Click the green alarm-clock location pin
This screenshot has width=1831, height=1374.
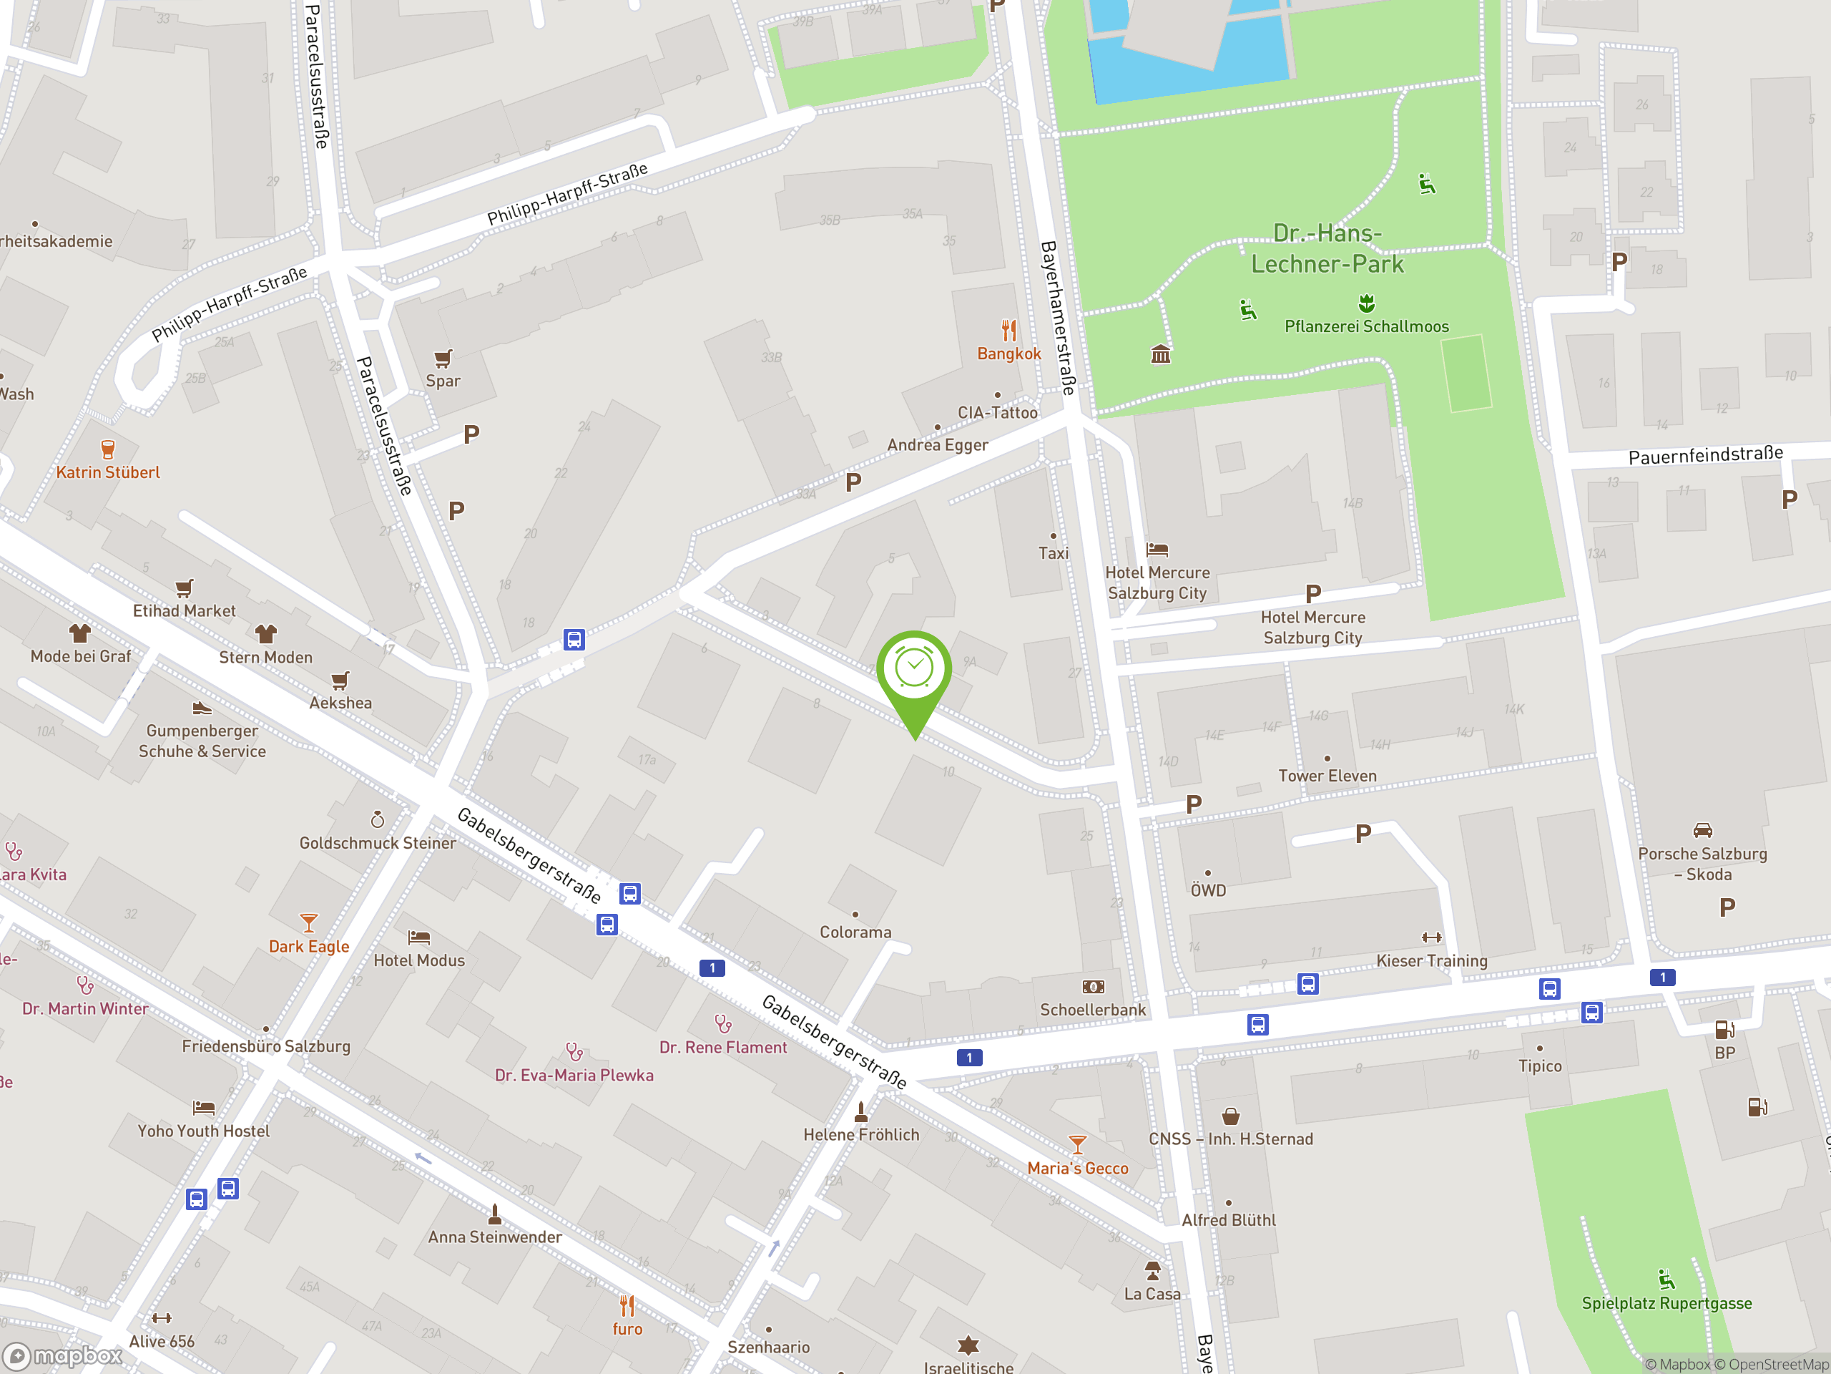pyautogui.click(x=914, y=670)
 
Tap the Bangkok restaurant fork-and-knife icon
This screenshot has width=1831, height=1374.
pyautogui.click(x=1008, y=331)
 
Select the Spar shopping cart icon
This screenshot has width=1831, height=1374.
pyautogui.click(x=443, y=359)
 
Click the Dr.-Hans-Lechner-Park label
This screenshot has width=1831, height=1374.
pyautogui.click(x=1327, y=248)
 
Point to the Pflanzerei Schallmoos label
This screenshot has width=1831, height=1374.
pyautogui.click(x=1366, y=326)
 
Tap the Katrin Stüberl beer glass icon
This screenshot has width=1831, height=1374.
pyautogui.click(x=107, y=449)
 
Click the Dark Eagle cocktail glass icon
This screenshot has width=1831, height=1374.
pyautogui.click(x=309, y=922)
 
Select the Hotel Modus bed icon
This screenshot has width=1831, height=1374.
pyautogui.click(x=419, y=937)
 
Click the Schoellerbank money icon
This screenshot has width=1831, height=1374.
pyautogui.click(x=1093, y=986)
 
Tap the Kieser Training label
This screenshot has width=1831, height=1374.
pyautogui.click(x=1431, y=960)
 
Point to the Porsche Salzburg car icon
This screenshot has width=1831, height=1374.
pyautogui.click(x=1702, y=830)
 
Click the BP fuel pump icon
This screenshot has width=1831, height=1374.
pyautogui.click(x=1724, y=1030)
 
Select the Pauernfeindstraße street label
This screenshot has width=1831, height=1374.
pyautogui.click(x=1705, y=454)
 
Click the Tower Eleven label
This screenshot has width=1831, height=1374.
pyautogui.click(x=1327, y=776)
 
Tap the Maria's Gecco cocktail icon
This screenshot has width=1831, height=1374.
pyautogui.click(x=1077, y=1144)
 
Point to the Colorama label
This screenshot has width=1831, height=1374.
pyautogui.click(x=855, y=932)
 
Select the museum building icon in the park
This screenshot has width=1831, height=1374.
pyautogui.click(x=1161, y=354)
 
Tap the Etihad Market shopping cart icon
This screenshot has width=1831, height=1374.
pyautogui.click(x=184, y=588)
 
